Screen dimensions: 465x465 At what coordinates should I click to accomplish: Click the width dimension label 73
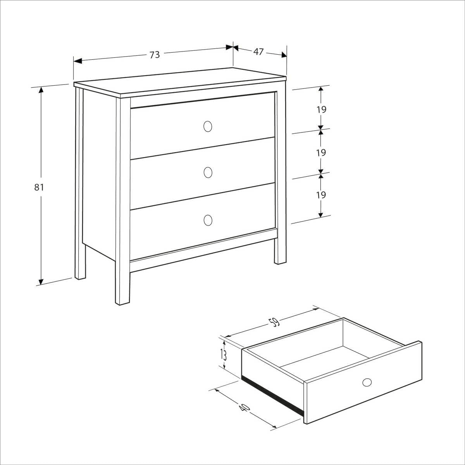point(155,55)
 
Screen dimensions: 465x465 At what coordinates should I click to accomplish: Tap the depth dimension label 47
point(258,52)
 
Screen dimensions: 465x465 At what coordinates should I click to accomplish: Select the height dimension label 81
point(39,187)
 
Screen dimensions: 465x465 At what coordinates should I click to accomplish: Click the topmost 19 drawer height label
point(321,109)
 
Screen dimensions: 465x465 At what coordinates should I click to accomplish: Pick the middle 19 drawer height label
point(321,152)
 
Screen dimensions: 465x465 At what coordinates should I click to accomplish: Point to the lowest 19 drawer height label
point(321,195)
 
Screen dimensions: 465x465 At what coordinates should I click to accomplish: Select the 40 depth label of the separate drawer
point(244,408)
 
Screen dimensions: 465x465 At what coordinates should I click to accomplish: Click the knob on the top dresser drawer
point(208,126)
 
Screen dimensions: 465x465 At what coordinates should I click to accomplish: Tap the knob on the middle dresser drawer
point(208,172)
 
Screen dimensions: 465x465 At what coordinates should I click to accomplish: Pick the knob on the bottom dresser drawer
point(208,220)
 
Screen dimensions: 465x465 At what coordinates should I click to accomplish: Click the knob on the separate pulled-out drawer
point(367,382)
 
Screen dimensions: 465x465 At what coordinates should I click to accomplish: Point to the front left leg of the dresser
point(122,287)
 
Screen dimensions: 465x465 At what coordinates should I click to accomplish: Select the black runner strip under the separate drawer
point(272,394)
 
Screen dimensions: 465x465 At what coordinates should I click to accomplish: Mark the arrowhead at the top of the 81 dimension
point(41,90)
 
